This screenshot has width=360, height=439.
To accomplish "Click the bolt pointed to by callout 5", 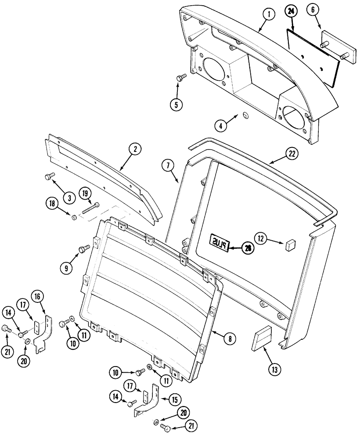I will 180,77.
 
